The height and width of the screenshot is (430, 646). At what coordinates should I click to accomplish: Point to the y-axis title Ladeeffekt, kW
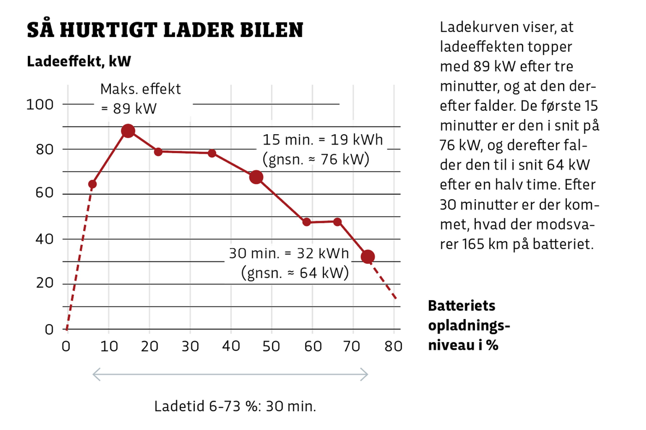pyautogui.click(x=79, y=61)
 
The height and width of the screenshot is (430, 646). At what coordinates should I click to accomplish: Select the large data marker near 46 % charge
pyautogui.click(x=256, y=177)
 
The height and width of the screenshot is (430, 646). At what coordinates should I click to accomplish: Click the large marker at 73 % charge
pyautogui.click(x=368, y=257)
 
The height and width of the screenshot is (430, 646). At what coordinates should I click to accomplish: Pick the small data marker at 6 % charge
pyautogui.click(x=93, y=184)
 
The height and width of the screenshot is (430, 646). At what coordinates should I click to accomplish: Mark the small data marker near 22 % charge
pyautogui.click(x=158, y=152)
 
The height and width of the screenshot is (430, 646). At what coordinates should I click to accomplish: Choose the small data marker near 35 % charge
pyautogui.click(x=212, y=153)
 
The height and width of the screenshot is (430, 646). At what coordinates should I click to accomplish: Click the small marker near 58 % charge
pyautogui.click(x=306, y=222)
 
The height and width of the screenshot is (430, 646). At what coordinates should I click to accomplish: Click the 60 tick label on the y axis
pyautogui.click(x=44, y=193)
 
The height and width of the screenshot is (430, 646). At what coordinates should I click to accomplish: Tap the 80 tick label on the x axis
pyautogui.click(x=393, y=346)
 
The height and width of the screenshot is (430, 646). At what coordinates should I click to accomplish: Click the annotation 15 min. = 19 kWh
pyautogui.click(x=322, y=140)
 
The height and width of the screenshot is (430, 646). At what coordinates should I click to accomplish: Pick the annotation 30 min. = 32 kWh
pyautogui.click(x=289, y=253)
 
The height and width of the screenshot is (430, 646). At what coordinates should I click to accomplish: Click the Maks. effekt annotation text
pyautogui.click(x=140, y=89)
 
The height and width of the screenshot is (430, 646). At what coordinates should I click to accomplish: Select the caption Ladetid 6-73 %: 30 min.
pyautogui.click(x=235, y=406)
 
